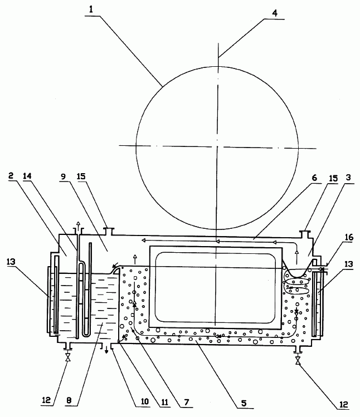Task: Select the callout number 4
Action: point(275,13)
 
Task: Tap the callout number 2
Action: point(11,175)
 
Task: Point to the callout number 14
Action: point(27,176)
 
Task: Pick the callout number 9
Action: point(63,176)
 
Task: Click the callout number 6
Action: point(314,178)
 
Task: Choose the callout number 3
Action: point(348,178)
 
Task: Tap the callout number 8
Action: point(69,400)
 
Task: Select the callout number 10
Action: point(144,401)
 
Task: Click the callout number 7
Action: point(186,401)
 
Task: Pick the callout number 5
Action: point(244,404)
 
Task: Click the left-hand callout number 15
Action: point(81,176)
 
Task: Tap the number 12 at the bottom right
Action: point(343,405)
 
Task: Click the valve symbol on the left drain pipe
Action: point(68,357)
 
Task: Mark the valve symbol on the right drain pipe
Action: point(298,361)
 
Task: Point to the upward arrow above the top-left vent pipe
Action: point(78,225)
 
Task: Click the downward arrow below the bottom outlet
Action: point(106,350)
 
